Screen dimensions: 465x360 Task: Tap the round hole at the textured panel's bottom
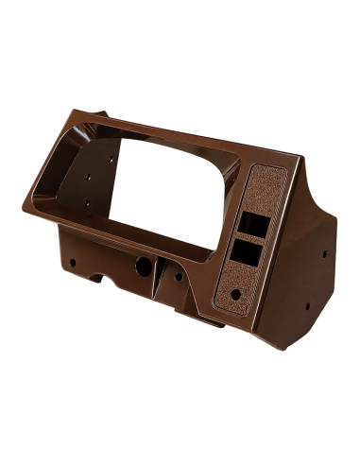coord(233,294)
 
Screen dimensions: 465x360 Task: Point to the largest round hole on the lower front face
coord(142,267)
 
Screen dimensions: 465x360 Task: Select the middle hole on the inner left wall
coord(87,177)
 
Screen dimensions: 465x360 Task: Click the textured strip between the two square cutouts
coord(247,238)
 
